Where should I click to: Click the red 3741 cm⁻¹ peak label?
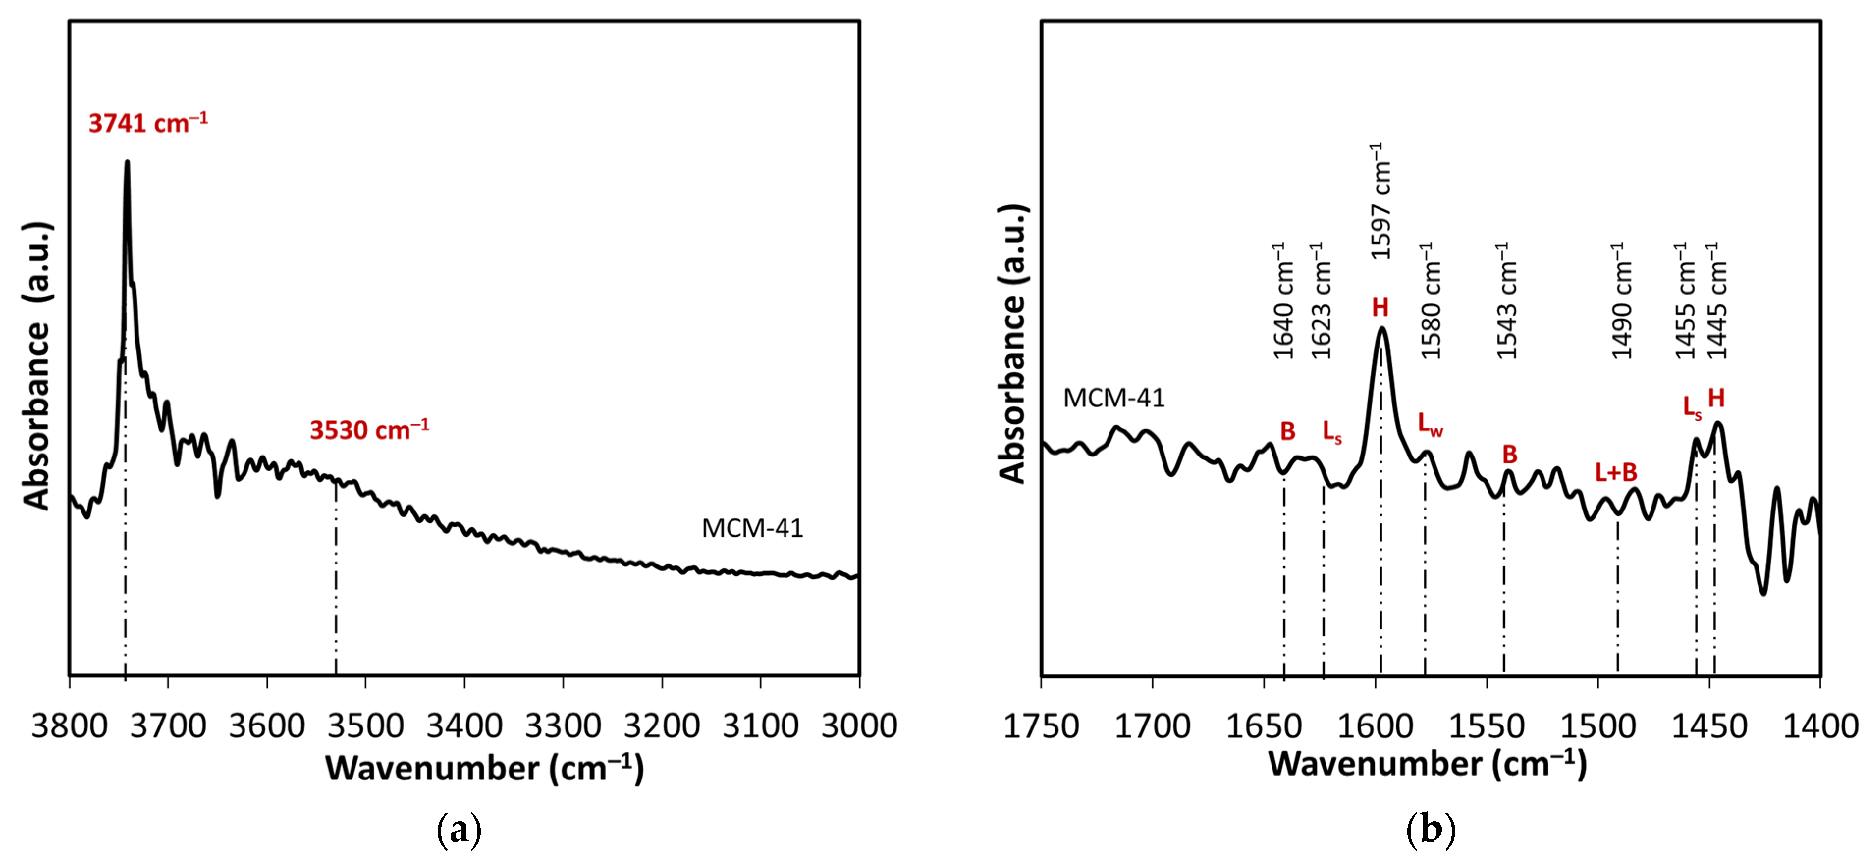click(148, 123)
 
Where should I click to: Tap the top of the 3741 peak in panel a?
click(128, 163)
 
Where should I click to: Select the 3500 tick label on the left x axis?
click(365, 725)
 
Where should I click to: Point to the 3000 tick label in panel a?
click(859, 725)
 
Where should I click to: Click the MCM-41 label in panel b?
click(1114, 398)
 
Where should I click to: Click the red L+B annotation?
click(1616, 473)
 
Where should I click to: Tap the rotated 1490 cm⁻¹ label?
click(1622, 301)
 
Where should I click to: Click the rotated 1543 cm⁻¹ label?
click(1508, 301)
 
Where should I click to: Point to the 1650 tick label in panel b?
click(1263, 725)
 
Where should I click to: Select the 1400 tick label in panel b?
click(1820, 725)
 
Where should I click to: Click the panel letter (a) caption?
click(460, 830)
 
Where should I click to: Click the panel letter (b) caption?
click(1430, 830)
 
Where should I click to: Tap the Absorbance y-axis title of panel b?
click(1013, 344)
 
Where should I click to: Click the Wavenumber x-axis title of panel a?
click(484, 768)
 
